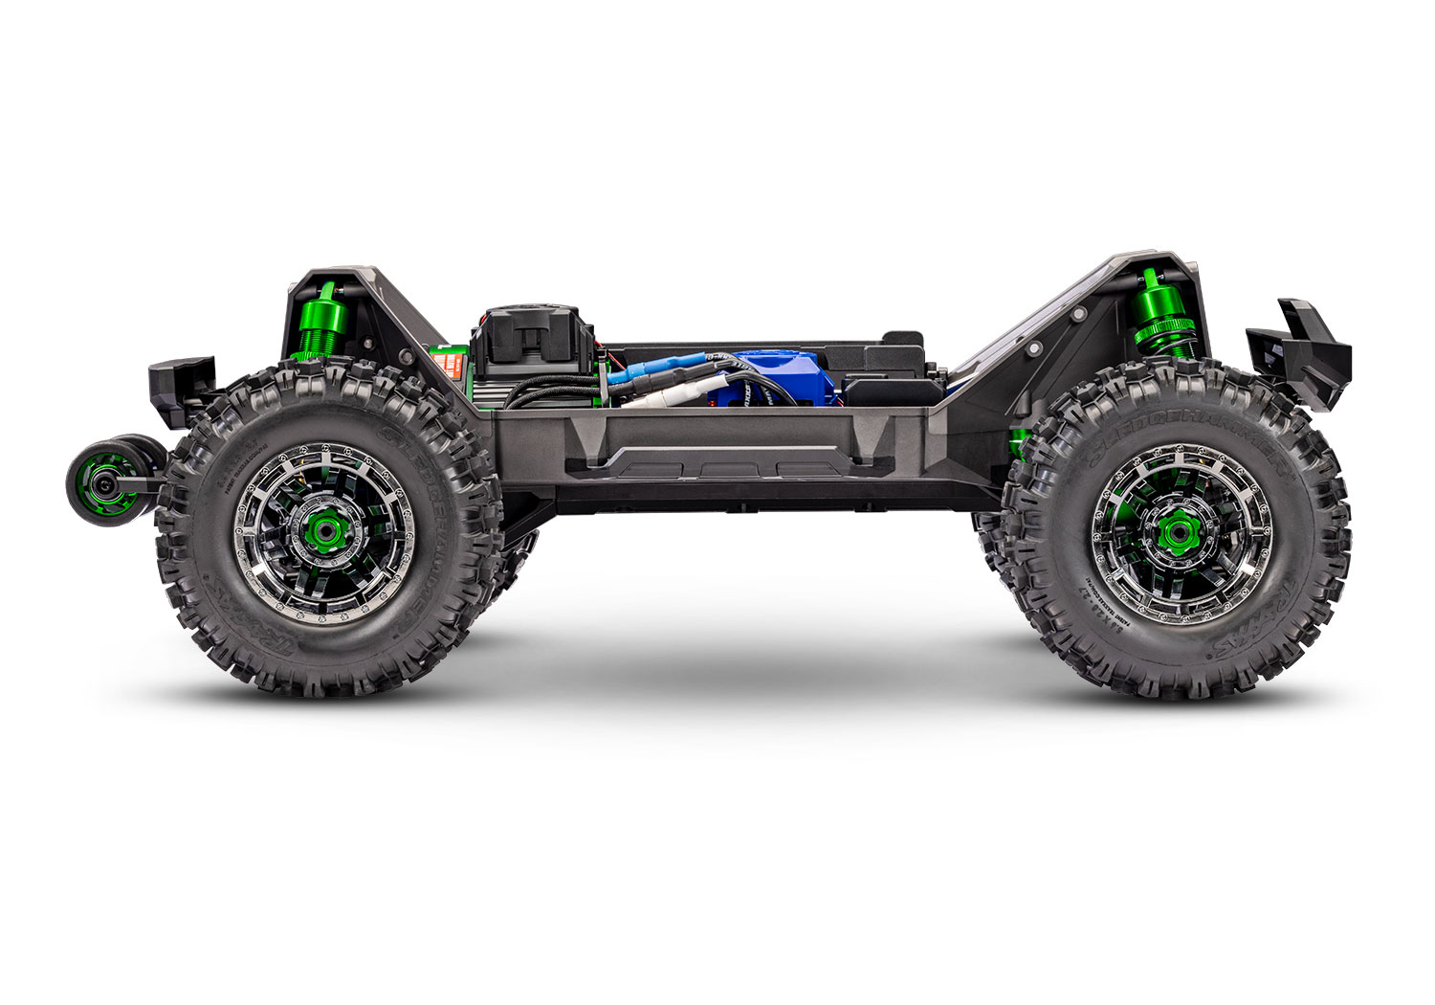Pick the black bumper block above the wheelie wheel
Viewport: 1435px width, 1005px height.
(180, 381)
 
